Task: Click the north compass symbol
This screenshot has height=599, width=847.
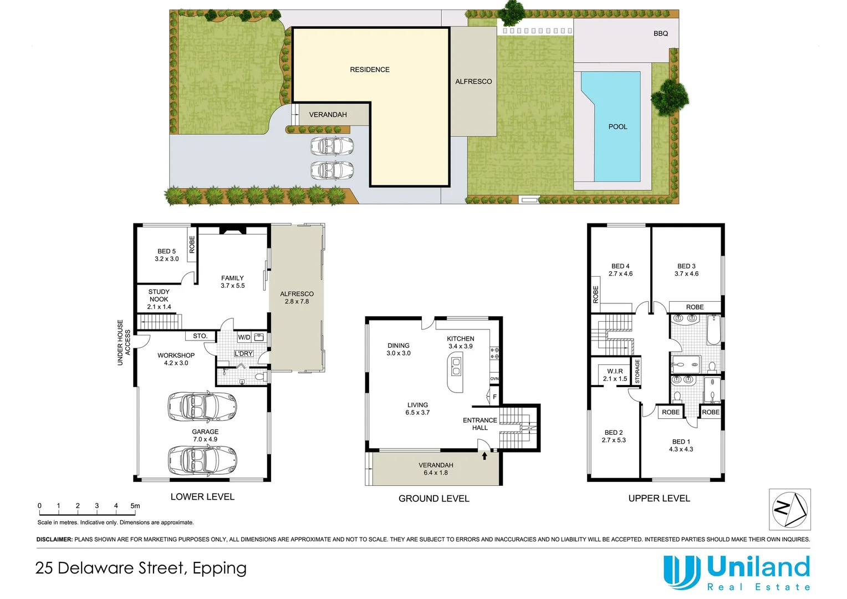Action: tap(790, 509)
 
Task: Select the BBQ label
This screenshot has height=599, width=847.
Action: tap(660, 34)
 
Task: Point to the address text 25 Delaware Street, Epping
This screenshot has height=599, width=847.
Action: tap(141, 568)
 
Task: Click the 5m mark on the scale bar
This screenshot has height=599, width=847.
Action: tap(135, 506)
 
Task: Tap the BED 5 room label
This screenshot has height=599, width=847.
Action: tap(166, 251)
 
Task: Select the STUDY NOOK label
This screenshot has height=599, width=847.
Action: tap(159, 295)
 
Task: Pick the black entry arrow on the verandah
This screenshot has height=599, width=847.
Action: tap(484, 456)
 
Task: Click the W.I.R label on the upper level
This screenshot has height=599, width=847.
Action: tap(615, 371)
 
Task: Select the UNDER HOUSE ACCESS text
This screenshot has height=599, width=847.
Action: tap(124, 342)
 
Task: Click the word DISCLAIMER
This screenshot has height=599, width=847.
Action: tap(54, 539)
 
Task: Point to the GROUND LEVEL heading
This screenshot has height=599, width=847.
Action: tap(433, 499)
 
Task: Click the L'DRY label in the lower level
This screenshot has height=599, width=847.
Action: tap(243, 353)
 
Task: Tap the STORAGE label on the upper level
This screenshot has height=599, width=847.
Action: tap(637, 371)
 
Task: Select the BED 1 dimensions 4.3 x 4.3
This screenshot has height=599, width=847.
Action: tap(681, 449)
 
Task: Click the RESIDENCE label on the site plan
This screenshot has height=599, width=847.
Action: tap(370, 70)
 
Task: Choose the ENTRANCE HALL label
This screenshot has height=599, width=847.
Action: tap(479, 424)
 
